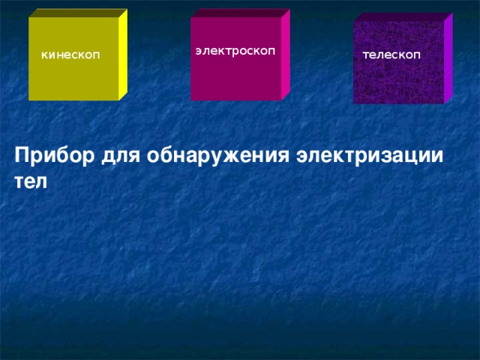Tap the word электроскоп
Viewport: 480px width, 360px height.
[235, 50]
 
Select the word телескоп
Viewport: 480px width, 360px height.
[391, 55]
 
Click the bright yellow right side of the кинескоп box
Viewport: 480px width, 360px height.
[123, 56]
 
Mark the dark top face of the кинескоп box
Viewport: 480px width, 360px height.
[75, 13]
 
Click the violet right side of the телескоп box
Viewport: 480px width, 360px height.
[448, 60]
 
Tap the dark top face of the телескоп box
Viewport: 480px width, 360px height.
[401, 16]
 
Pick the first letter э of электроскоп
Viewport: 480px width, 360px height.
[198, 51]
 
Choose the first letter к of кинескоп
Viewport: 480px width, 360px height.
[45, 55]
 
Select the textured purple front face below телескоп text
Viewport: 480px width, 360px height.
[397, 82]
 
